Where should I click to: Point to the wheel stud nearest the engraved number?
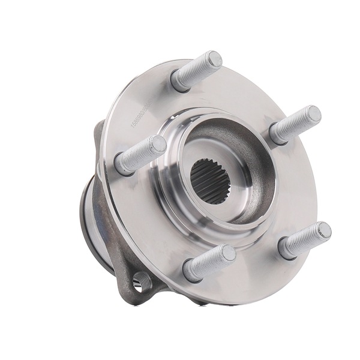click(140, 154)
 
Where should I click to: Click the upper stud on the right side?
click(295, 124)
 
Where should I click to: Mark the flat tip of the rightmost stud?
click(323, 230)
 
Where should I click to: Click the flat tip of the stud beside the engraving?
click(158, 145)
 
